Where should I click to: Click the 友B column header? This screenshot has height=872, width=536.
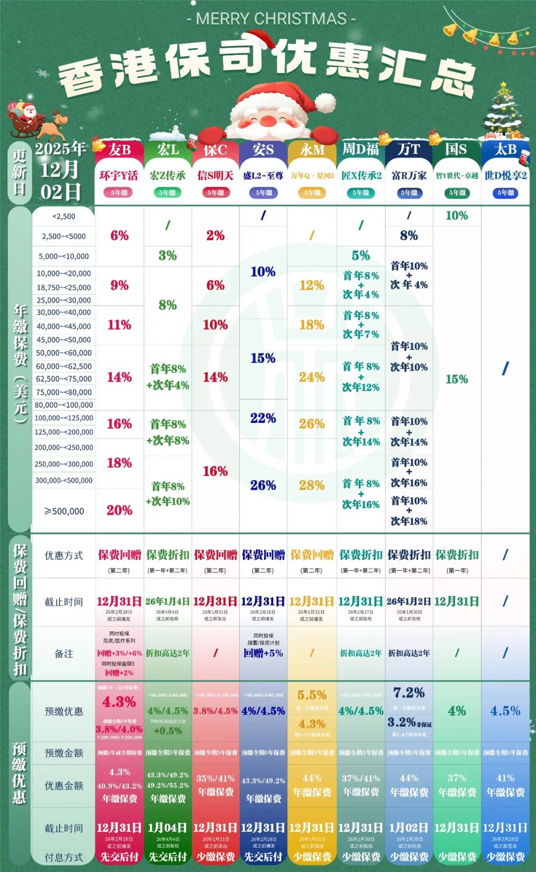pyautogui.click(x=119, y=149)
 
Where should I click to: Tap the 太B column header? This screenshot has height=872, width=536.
pyautogui.click(x=505, y=149)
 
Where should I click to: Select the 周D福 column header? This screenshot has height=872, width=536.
pyautogui.click(x=360, y=149)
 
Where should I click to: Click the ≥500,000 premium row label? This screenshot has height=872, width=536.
pyautogui.click(x=64, y=511)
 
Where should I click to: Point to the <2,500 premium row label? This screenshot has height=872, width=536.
pyautogui.click(x=64, y=216)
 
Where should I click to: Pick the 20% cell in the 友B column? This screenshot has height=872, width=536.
pyautogui.click(x=120, y=510)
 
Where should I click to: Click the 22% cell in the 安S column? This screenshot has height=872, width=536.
pyautogui.click(x=263, y=418)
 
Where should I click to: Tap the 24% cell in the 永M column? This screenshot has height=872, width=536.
pyautogui.click(x=312, y=377)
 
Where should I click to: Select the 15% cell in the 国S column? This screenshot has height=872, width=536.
pyautogui.click(x=457, y=379)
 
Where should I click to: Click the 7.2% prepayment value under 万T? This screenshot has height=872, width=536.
pyautogui.click(x=409, y=693)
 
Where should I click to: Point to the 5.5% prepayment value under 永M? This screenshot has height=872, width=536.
pyautogui.click(x=312, y=695)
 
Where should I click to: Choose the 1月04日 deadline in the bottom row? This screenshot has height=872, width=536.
pyautogui.click(x=167, y=828)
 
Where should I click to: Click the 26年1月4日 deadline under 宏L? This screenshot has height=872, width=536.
pyautogui.click(x=167, y=602)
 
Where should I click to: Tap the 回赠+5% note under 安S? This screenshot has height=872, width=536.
pyautogui.click(x=263, y=653)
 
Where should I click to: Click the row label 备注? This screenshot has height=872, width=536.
pyautogui.click(x=64, y=654)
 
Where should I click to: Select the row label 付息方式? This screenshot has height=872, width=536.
pyautogui.click(x=64, y=857)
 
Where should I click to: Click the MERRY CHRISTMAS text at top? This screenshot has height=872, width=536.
pyautogui.click(x=271, y=19)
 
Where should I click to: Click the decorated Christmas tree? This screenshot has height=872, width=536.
pyautogui.click(x=504, y=112)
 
